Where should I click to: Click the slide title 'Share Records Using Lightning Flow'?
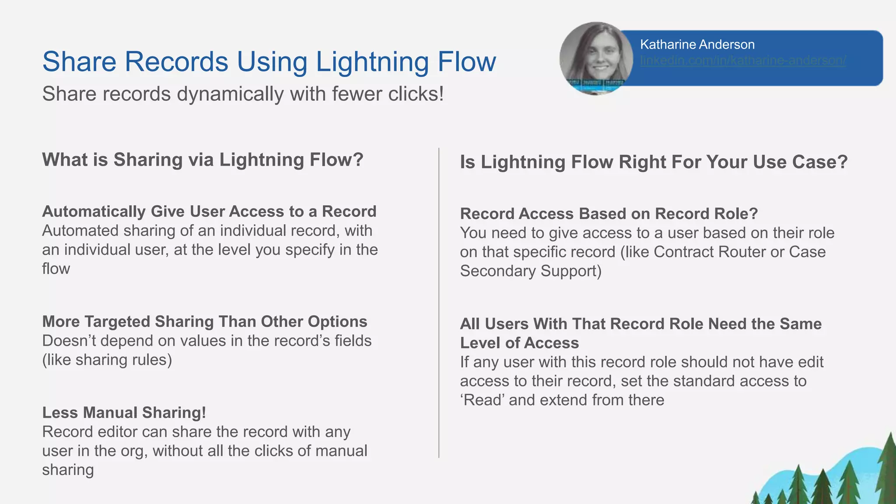(269, 62)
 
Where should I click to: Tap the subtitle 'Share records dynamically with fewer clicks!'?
(243, 94)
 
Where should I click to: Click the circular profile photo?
(595, 58)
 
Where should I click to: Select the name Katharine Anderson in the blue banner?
(697, 45)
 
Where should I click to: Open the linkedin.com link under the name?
(742, 60)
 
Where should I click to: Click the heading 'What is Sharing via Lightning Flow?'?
(203, 160)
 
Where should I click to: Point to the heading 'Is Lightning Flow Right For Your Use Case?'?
(653, 162)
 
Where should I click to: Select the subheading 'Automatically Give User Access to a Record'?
(209, 212)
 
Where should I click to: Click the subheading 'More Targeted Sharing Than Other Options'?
(204, 322)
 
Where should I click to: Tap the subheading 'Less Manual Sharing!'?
(124, 413)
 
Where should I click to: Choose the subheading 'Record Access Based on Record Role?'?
(609, 214)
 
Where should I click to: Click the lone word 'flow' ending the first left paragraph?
(56, 269)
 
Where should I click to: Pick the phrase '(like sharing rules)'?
(107, 360)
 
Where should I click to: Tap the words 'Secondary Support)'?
(531, 271)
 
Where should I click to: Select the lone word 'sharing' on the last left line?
(68, 470)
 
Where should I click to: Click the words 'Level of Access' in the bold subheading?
(519, 343)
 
